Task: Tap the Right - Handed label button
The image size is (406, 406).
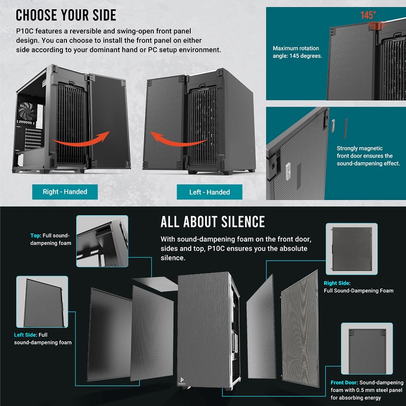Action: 65,191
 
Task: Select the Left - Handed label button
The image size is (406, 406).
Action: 210,192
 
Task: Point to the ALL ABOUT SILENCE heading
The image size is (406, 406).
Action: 213,222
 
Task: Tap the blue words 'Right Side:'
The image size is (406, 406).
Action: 337,283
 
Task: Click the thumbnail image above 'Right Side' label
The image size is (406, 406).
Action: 351,249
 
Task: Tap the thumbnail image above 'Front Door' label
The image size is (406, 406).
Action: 366,348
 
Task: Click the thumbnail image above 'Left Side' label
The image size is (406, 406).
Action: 41,301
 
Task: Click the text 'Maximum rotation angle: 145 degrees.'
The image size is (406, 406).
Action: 297,52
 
